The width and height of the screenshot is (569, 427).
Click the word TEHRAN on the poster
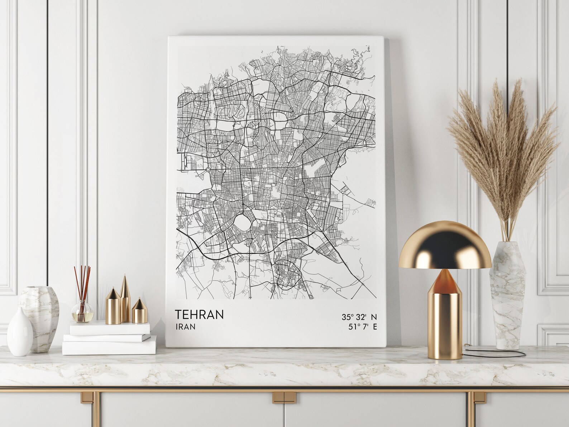(199, 314)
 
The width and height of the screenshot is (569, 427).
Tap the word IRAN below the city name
(185, 327)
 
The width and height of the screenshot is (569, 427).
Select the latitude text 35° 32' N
(359, 317)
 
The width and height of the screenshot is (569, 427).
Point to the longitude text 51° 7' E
(362, 327)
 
